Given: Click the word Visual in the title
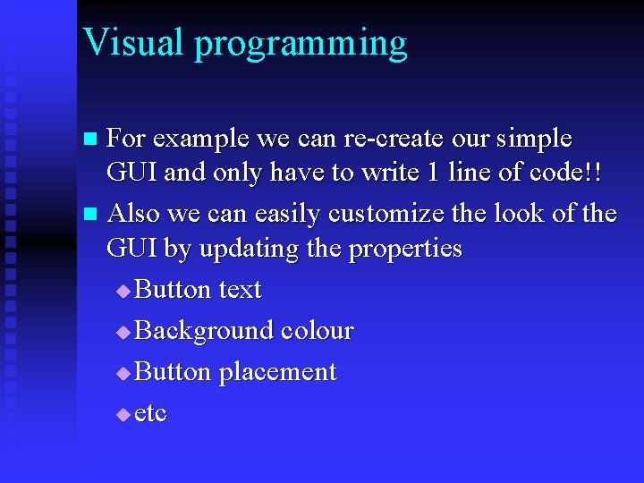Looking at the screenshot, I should click(132, 42).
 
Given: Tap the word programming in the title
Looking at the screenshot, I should click(301, 45).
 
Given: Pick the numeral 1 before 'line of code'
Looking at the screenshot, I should click(432, 173).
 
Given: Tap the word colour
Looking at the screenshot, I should click(317, 331).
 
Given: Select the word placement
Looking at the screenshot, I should click(278, 373).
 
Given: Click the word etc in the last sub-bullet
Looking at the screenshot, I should click(150, 414).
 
